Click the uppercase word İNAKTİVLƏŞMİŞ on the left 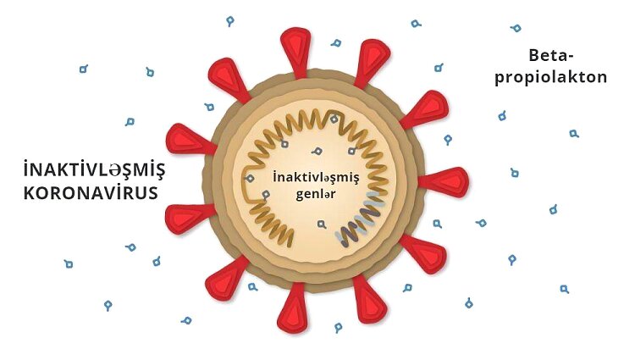[x=94, y=169]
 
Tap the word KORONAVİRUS [x=91, y=193]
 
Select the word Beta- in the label [x=551, y=55]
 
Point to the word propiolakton [x=551, y=78]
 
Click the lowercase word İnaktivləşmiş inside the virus [x=316, y=178]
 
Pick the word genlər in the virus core [x=316, y=194]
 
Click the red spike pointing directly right [x=444, y=182]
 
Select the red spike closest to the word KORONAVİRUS [x=190, y=219]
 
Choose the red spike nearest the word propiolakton [x=424, y=108]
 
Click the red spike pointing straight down [x=293, y=308]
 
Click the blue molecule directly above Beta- [x=516, y=28]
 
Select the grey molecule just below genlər [x=322, y=224]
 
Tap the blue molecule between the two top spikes [x=336, y=43]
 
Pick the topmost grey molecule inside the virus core [x=334, y=119]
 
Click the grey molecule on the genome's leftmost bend [x=250, y=178]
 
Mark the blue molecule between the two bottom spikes [x=338, y=327]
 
